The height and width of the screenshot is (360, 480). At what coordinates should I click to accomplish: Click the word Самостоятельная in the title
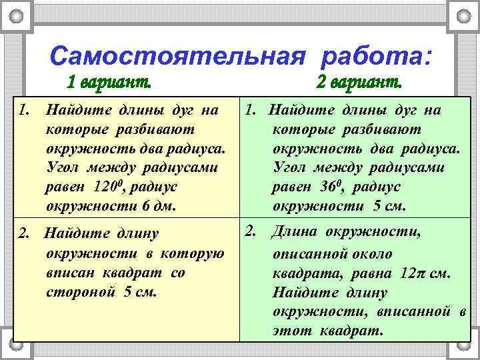tap(181, 55)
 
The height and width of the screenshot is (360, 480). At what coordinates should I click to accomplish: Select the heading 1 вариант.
tap(109, 84)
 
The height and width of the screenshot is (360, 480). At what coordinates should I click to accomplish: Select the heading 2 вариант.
tap(358, 84)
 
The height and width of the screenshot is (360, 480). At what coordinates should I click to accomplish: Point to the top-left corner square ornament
tap(21, 14)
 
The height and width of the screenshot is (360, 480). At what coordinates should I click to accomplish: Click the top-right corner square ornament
tap(462, 14)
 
